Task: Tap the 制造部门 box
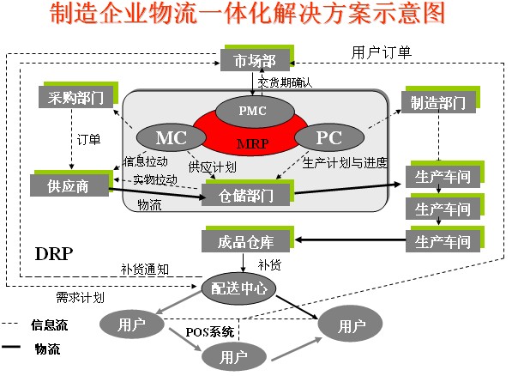(438, 103)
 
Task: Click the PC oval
(328, 138)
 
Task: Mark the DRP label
(53, 254)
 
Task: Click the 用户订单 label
(382, 52)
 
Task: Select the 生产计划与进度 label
(346, 163)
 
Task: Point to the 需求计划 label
(81, 297)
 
